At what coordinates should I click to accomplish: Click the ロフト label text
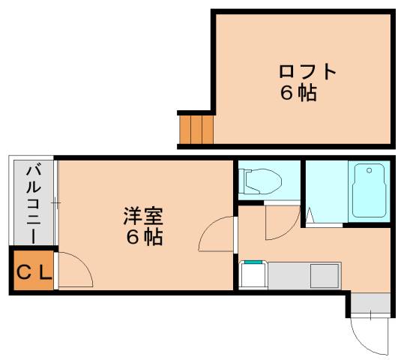coord(307,73)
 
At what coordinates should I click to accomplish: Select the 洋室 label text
coord(143,217)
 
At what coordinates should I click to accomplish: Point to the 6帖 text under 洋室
coord(143,238)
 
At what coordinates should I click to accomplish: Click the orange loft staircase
coord(196,129)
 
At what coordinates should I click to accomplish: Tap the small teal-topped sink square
coord(252,274)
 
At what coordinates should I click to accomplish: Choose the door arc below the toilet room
coord(280,221)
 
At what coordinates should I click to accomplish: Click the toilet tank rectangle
coord(244,181)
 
